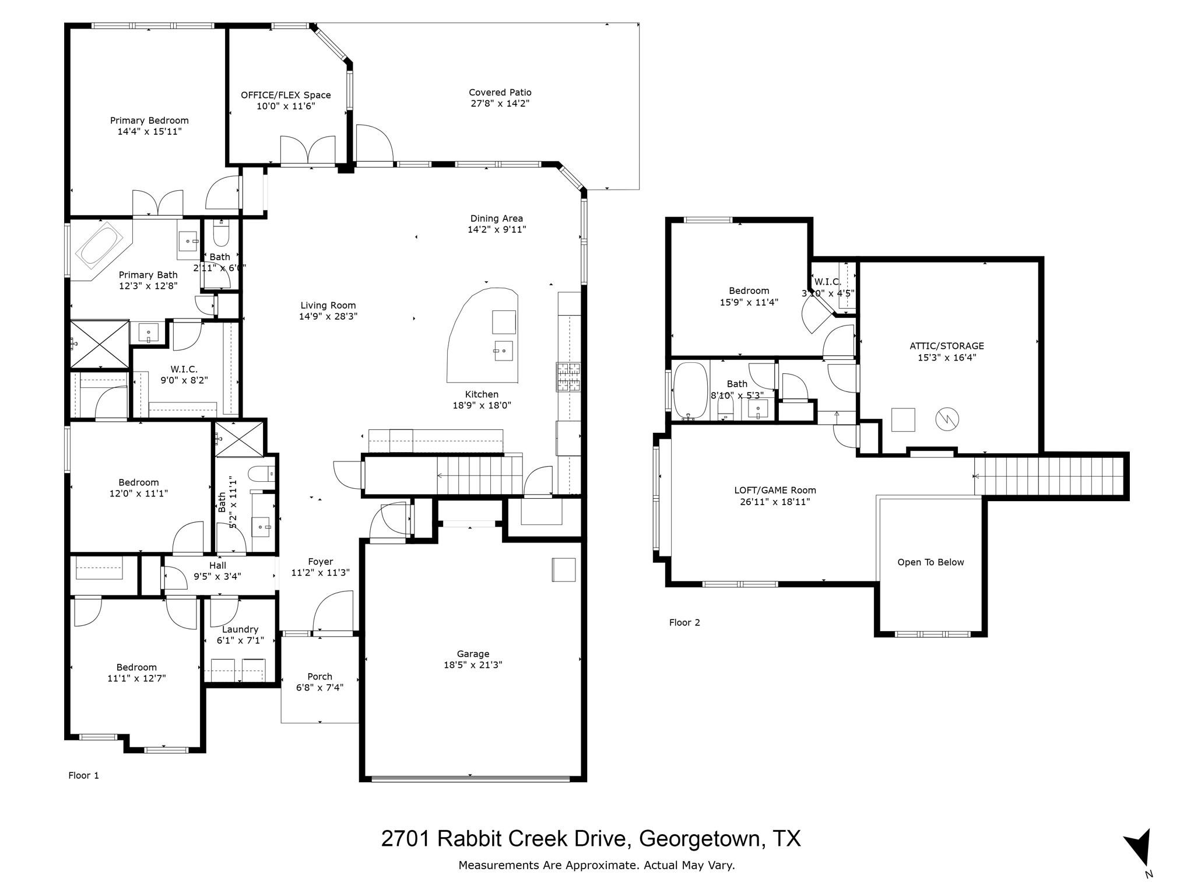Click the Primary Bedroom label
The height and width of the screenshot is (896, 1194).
pyautogui.click(x=149, y=121)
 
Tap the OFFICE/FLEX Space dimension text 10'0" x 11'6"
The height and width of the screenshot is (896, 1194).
pyautogui.click(x=286, y=106)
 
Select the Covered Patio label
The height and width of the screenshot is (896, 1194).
pyautogui.click(x=500, y=92)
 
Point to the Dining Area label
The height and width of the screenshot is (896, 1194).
pyautogui.click(x=496, y=219)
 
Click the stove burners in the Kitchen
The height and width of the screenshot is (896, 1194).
pyautogui.click(x=568, y=376)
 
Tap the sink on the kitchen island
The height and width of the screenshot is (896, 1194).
pyautogui.click(x=503, y=351)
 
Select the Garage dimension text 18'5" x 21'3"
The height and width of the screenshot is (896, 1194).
pyautogui.click(x=472, y=664)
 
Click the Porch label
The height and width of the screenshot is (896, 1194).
pyautogui.click(x=319, y=677)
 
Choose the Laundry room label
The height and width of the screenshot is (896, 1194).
pyautogui.click(x=240, y=629)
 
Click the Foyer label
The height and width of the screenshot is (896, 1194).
pyautogui.click(x=320, y=562)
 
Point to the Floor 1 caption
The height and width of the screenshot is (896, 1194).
pyautogui.click(x=83, y=775)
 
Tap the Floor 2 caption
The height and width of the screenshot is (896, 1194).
pyautogui.click(x=684, y=622)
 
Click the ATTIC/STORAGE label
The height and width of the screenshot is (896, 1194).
pyautogui.click(x=946, y=346)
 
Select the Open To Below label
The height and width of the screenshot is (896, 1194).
pyautogui.click(x=930, y=562)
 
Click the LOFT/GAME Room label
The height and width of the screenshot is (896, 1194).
pyautogui.click(x=775, y=491)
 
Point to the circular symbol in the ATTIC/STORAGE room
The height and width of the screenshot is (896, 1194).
pyautogui.click(x=947, y=418)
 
